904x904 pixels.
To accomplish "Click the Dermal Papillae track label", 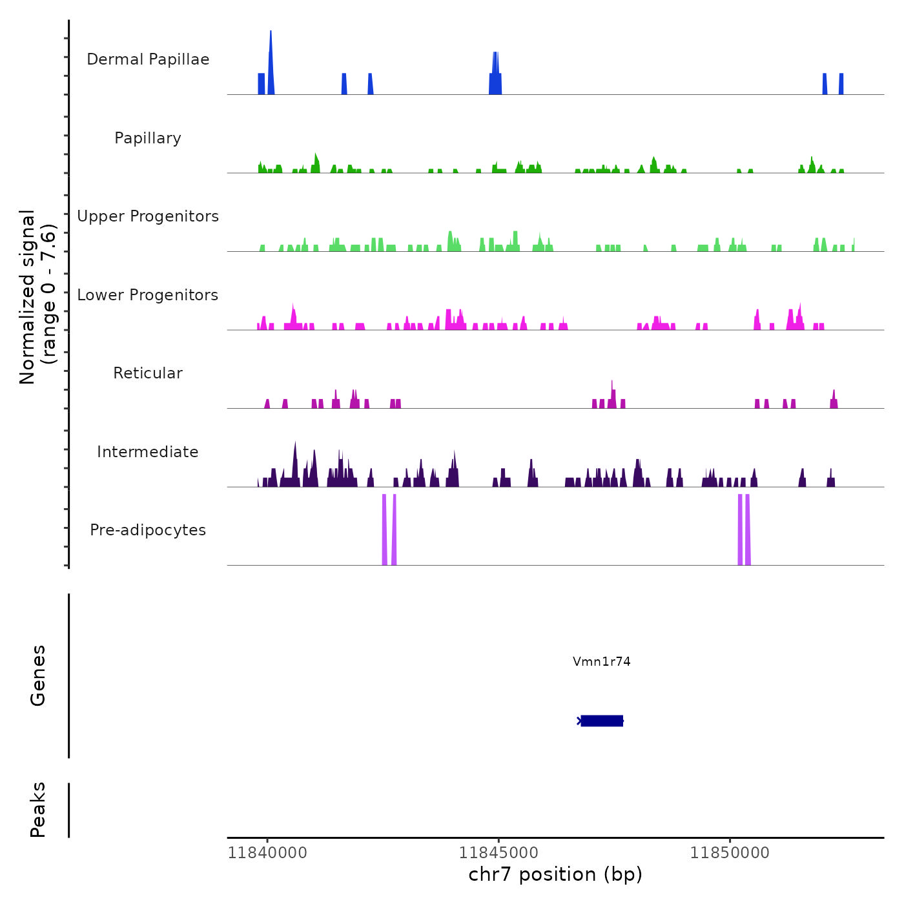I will (148, 59).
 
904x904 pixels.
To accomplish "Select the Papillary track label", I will (148, 138).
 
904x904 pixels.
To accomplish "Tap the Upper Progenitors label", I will (148, 216).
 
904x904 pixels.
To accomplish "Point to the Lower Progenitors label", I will (148, 295).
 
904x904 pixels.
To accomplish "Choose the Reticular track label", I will (148, 373).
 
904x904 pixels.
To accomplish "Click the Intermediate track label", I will (148, 452).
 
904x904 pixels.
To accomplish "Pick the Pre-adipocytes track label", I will (148, 530).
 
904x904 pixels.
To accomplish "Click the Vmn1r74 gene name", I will (601, 661).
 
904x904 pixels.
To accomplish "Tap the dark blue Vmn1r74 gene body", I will (602, 721).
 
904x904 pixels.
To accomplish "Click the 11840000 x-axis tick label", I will (267, 852).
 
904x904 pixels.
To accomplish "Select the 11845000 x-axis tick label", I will (498, 852).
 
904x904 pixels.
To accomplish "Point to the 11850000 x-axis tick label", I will (730, 852).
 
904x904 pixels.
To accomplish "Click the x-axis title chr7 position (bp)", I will (555, 874).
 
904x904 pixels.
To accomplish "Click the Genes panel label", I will (38, 675).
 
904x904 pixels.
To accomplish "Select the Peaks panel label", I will (38, 810).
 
